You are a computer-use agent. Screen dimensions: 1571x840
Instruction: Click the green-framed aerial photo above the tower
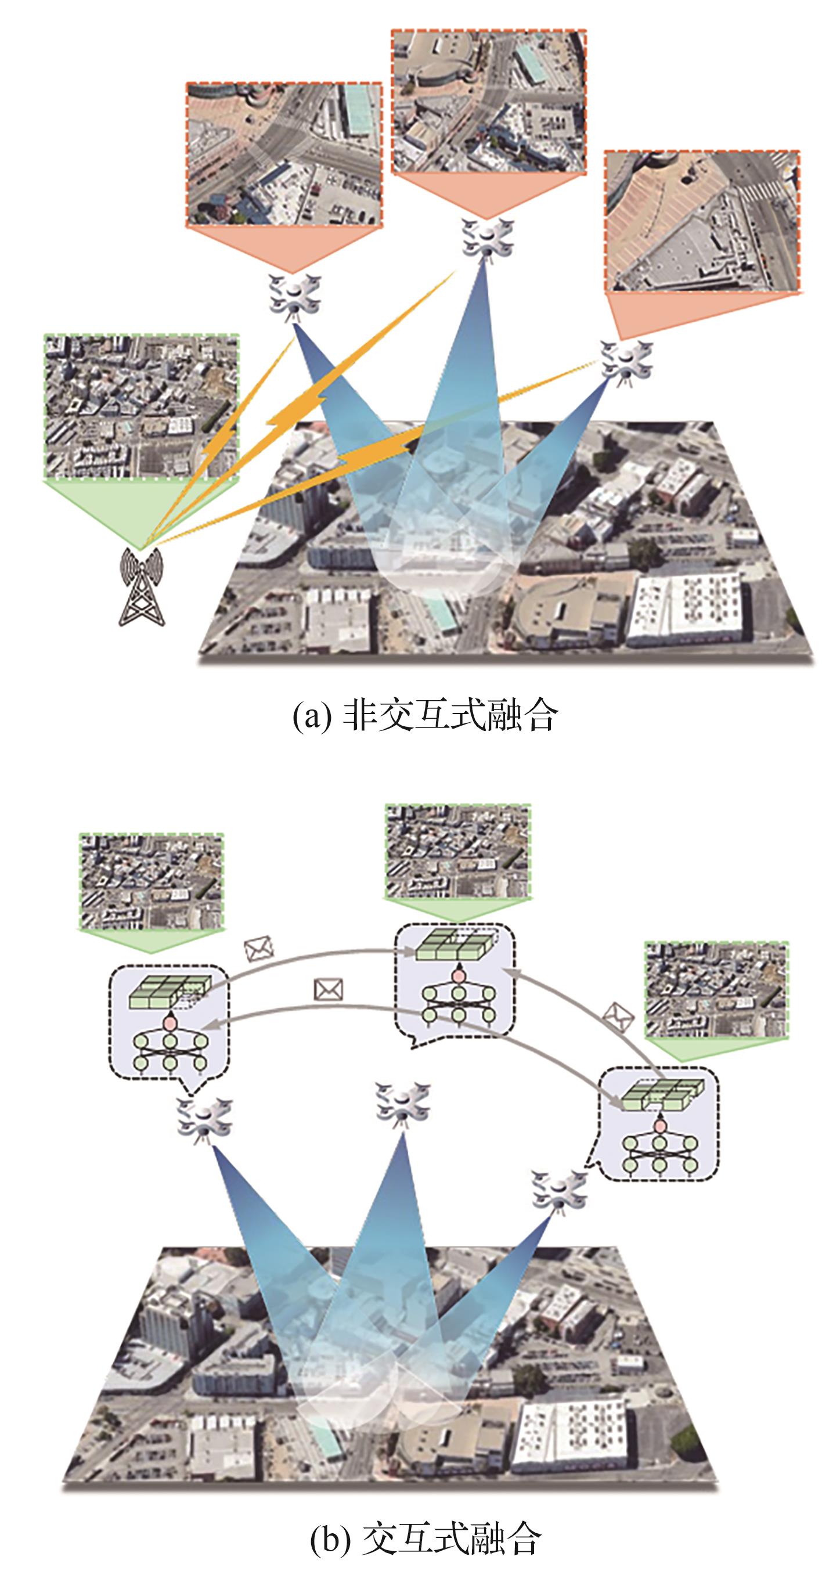142,406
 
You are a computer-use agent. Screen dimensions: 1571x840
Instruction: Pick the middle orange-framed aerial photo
488,101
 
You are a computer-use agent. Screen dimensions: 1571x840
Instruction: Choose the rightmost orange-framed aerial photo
701,221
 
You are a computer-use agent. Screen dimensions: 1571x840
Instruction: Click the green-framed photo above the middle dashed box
457,851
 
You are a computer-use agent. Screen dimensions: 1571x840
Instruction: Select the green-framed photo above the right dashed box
716,989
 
